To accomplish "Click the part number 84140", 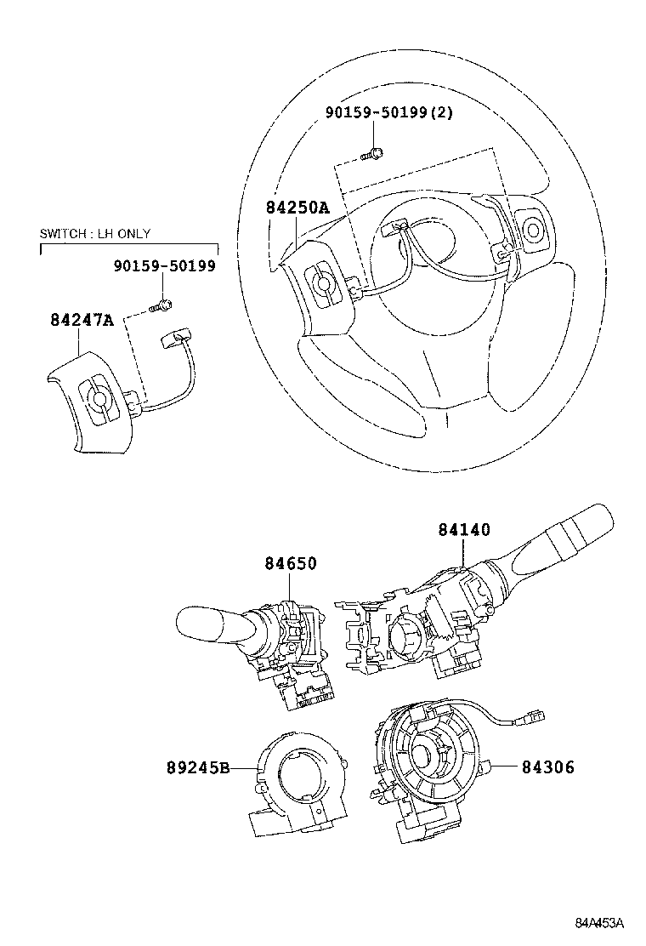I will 464,529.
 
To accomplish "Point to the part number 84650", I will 290,562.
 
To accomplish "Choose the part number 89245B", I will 198,767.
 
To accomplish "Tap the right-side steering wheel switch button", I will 535,229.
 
